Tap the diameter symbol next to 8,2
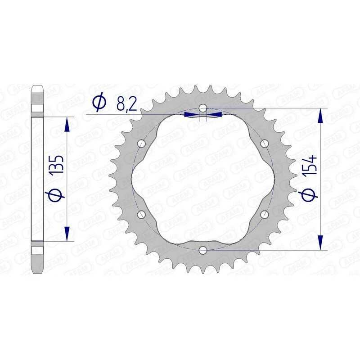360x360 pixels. [x=99, y=103]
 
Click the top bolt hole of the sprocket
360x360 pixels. [x=203, y=108]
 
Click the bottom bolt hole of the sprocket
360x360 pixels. [x=203, y=249]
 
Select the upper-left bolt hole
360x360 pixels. [x=142, y=144]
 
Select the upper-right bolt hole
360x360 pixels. [x=264, y=144]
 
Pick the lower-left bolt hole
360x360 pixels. [x=142, y=214]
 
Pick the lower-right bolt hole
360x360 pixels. [x=264, y=214]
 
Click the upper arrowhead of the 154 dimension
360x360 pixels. [x=320, y=115]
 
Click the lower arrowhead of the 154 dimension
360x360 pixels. [x=320, y=243]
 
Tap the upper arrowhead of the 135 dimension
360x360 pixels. [x=67, y=124]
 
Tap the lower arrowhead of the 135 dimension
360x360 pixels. [x=67, y=234]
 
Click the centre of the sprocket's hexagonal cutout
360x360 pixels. [x=203, y=179]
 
